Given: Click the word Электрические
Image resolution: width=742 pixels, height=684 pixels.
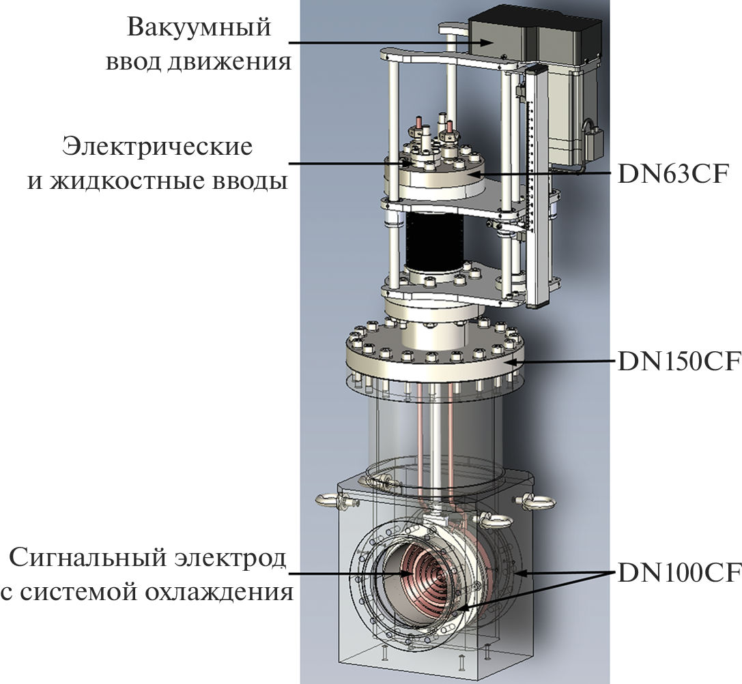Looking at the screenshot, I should click(x=157, y=146).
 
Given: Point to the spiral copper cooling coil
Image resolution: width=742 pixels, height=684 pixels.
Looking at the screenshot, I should click(x=410, y=573).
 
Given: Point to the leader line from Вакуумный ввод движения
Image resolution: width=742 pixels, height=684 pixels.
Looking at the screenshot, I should click(x=382, y=45).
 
